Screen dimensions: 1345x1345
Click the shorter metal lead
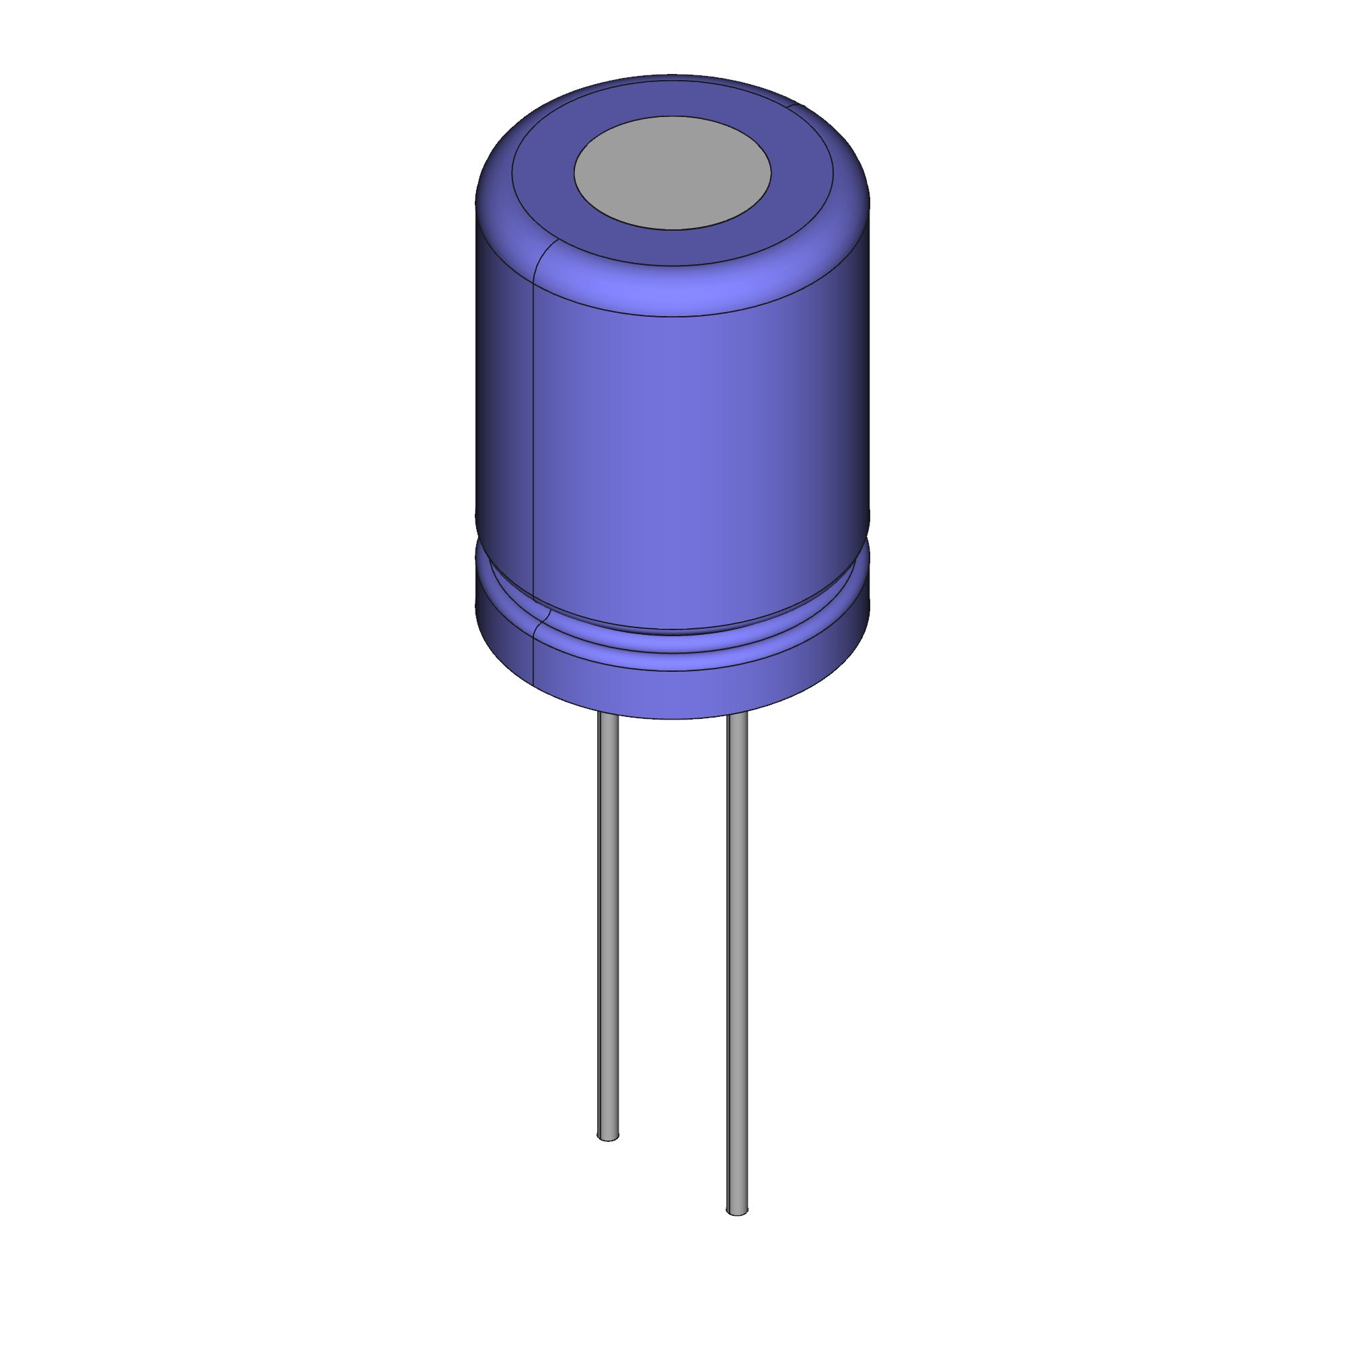(x=608, y=905)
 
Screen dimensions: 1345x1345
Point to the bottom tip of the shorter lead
(x=608, y=1137)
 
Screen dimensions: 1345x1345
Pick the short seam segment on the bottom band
(x=533, y=648)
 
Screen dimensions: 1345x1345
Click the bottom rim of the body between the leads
(x=672, y=717)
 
